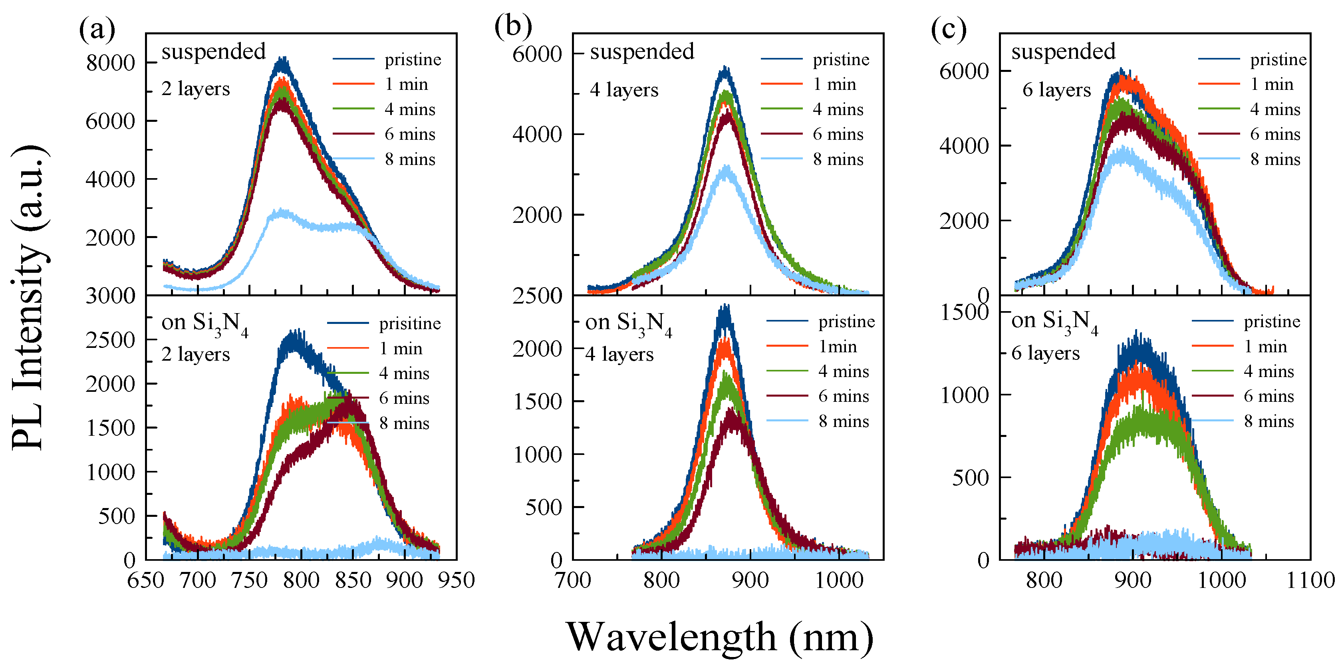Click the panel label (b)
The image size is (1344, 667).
tap(513, 26)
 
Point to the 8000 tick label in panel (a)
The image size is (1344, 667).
tap(111, 63)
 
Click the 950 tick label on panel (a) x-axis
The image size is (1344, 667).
tap(456, 580)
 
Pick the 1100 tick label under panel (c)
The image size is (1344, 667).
tap(1310, 580)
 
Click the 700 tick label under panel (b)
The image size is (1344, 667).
tap(572, 580)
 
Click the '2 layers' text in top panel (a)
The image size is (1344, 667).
tap(196, 89)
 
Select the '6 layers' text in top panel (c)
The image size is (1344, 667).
tap(1056, 90)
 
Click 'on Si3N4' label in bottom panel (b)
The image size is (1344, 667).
tap(628, 324)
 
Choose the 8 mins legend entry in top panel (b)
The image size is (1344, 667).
tap(838, 159)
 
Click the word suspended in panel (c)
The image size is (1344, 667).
tap(1063, 52)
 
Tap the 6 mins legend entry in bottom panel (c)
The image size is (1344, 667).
tap(1269, 396)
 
